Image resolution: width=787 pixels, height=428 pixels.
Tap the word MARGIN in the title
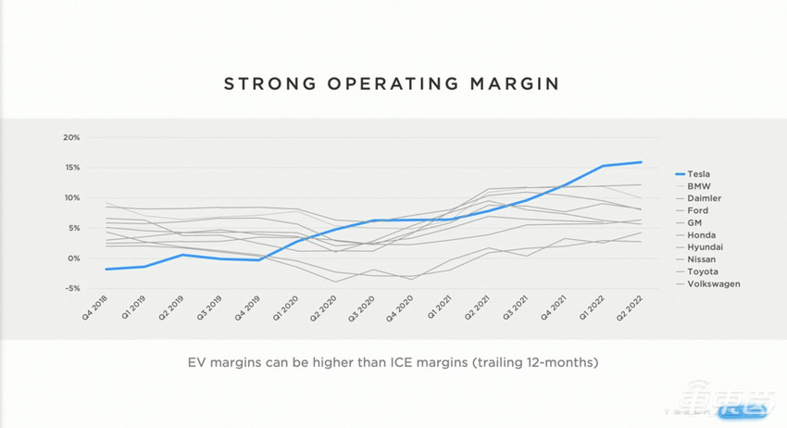(515, 84)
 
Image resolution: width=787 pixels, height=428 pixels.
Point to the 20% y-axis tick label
(71, 137)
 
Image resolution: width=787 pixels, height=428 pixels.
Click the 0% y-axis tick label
(74, 258)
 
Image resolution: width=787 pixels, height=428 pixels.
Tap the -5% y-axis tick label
(72, 288)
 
